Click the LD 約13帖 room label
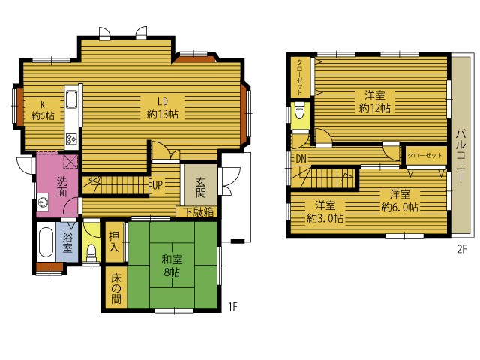(162, 108)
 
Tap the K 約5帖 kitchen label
(43, 110)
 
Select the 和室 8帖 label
(172, 265)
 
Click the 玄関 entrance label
(201, 187)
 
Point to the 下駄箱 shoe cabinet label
(199, 212)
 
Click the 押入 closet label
(114, 241)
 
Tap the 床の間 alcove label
(116, 288)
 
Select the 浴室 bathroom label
(67, 242)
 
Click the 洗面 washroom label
(61, 187)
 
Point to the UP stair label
(157, 184)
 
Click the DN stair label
(301, 158)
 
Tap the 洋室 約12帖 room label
(375, 101)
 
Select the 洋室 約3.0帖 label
(325, 211)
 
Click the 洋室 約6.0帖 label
(400, 201)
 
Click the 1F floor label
(232, 306)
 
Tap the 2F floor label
(462, 250)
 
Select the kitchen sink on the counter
(71, 100)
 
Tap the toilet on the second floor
(299, 111)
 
